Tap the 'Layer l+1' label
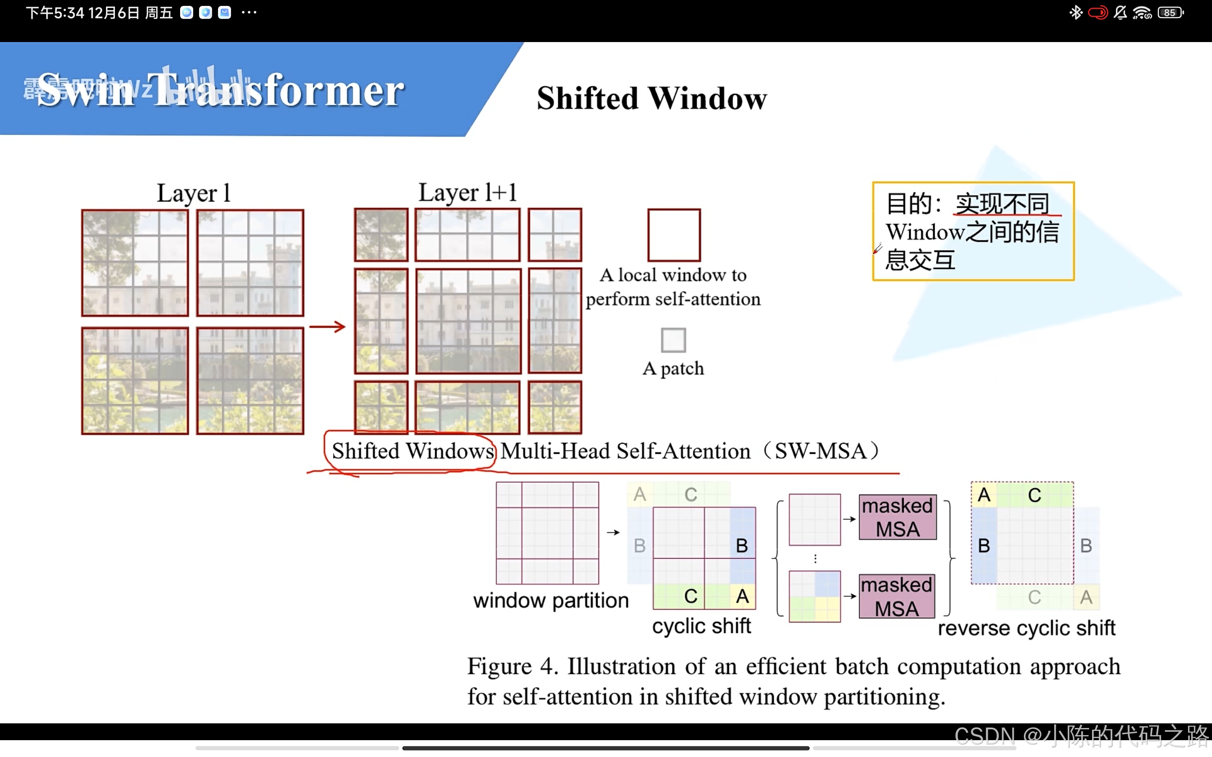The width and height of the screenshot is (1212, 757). [467, 193]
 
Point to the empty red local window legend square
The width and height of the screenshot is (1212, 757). [674, 235]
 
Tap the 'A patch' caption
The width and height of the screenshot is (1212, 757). [673, 368]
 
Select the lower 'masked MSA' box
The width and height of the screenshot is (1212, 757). [896, 596]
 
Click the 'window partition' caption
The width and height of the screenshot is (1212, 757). [551, 600]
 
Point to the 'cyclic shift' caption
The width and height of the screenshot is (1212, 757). [701, 626]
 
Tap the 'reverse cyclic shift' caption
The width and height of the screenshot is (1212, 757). [1026, 628]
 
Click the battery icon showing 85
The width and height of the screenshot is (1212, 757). [1170, 13]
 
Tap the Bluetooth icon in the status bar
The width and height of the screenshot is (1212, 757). [1075, 13]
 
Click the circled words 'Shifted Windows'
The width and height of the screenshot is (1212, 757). [413, 451]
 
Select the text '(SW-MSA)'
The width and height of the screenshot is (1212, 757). [821, 451]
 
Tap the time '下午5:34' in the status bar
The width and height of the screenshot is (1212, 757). [55, 13]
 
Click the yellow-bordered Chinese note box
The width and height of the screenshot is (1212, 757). [973, 231]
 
